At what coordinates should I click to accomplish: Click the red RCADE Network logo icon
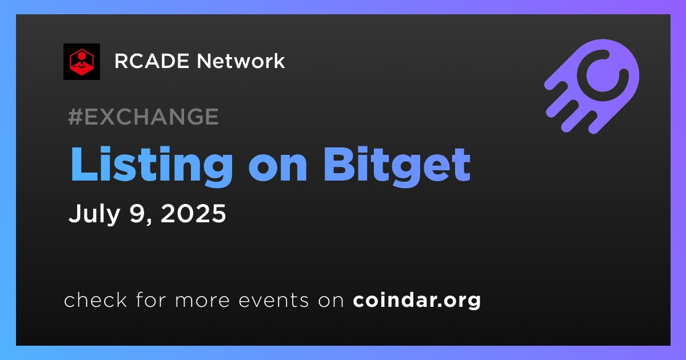pos(82,62)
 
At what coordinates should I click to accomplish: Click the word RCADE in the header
pos(151,61)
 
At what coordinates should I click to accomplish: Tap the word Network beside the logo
pos(241,61)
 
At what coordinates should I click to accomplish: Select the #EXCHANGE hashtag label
pos(143,117)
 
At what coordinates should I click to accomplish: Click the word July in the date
pos(94,214)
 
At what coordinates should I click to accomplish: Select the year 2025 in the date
pos(193,213)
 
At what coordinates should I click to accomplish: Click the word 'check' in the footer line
pos(95,299)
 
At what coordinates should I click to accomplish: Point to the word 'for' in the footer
pos(151,299)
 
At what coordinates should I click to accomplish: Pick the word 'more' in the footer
pos(202,301)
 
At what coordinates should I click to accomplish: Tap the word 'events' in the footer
pos(274,301)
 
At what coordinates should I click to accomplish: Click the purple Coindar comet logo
pos(592,86)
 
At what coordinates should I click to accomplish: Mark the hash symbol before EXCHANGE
pos(75,117)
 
